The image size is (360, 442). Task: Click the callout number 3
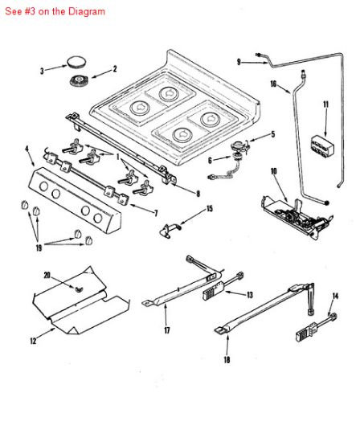point(42,71)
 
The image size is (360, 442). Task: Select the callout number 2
point(114,68)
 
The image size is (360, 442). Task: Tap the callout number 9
point(239,62)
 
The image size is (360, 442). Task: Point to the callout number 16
point(274,84)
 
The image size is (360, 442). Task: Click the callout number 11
point(326,104)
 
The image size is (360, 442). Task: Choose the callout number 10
point(273,170)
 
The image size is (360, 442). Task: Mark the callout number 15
point(210,209)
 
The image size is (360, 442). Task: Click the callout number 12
point(33,342)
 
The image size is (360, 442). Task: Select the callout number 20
point(47,276)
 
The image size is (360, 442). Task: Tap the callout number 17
point(167,330)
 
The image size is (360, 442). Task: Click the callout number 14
point(336,296)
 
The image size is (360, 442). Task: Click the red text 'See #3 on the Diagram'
point(54,12)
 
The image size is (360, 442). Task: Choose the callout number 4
point(28,149)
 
